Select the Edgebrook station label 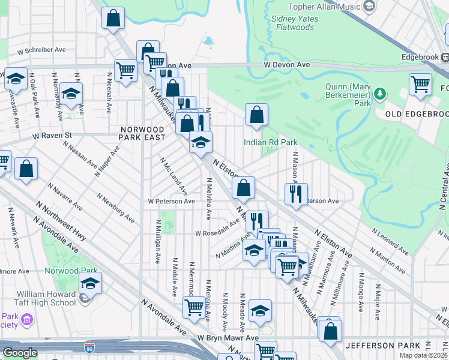tap(425, 57)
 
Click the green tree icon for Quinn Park tap(379, 94)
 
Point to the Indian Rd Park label tap(270, 142)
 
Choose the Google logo tap(20, 353)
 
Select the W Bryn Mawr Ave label tap(228, 338)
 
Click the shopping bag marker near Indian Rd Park tap(256, 115)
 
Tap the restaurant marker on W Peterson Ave tap(296, 194)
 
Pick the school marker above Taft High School tap(90, 283)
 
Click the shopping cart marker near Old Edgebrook tap(420, 84)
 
